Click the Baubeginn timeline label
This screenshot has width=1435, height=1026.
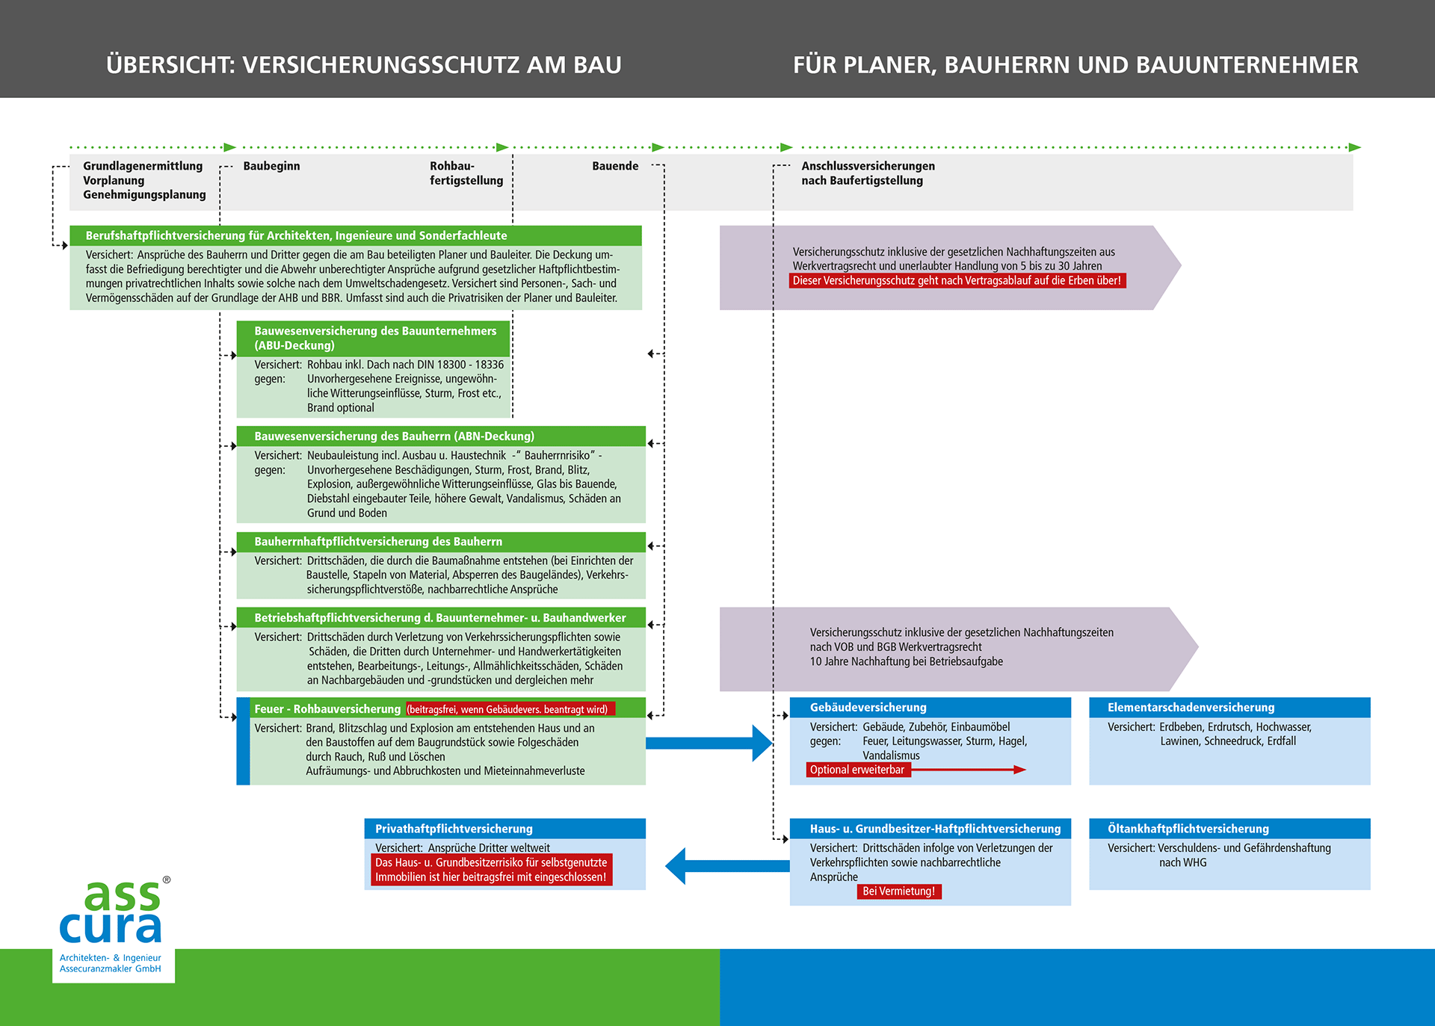tap(271, 166)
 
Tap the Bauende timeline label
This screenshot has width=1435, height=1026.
tap(615, 166)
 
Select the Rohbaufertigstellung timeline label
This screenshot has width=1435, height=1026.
tap(466, 173)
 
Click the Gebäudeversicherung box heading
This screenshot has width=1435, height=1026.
tap(868, 708)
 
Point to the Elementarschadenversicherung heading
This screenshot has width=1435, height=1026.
tap(1191, 708)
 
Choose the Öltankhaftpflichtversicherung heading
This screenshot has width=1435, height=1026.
tap(1188, 829)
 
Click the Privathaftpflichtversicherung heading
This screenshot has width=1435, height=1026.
tap(454, 829)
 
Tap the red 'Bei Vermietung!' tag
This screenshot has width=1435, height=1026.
tap(898, 891)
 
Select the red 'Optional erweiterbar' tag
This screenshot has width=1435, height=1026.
tap(857, 770)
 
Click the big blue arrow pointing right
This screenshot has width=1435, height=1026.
tap(710, 743)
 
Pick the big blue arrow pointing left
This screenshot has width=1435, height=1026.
tap(725, 866)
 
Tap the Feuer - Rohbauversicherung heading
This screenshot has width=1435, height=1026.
tap(327, 709)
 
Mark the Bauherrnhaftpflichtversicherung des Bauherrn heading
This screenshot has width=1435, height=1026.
tap(378, 542)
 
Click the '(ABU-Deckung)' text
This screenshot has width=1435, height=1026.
tap(294, 345)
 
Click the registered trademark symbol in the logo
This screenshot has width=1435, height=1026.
tap(167, 880)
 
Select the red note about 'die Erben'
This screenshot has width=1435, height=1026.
tap(957, 281)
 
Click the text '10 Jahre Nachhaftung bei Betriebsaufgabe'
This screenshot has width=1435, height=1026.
tap(906, 661)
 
